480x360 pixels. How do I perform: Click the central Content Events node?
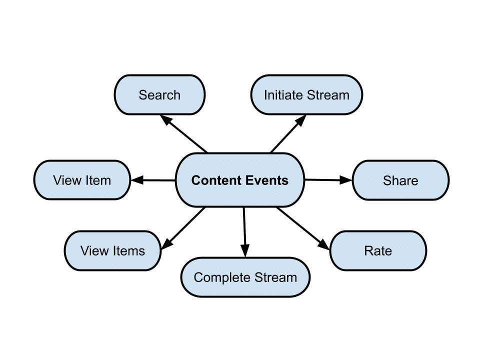[x=240, y=180]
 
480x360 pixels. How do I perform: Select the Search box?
[x=159, y=95]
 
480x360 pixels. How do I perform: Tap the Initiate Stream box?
[x=306, y=95]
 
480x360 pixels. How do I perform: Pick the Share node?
[x=400, y=180]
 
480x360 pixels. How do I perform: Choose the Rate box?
[x=378, y=251]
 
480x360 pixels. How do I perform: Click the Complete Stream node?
[x=245, y=277]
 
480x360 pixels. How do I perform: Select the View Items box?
[x=112, y=251]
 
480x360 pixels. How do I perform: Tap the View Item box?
[x=82, y=180]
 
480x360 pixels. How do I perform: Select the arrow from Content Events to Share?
[x=328, y=180]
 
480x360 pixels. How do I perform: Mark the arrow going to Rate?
[x=303, y=228]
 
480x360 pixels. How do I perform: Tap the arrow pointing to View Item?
[x=153, y=180]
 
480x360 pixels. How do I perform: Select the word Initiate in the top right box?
[x=281, y=95]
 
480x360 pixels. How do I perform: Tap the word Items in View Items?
[x=128, y=251]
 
